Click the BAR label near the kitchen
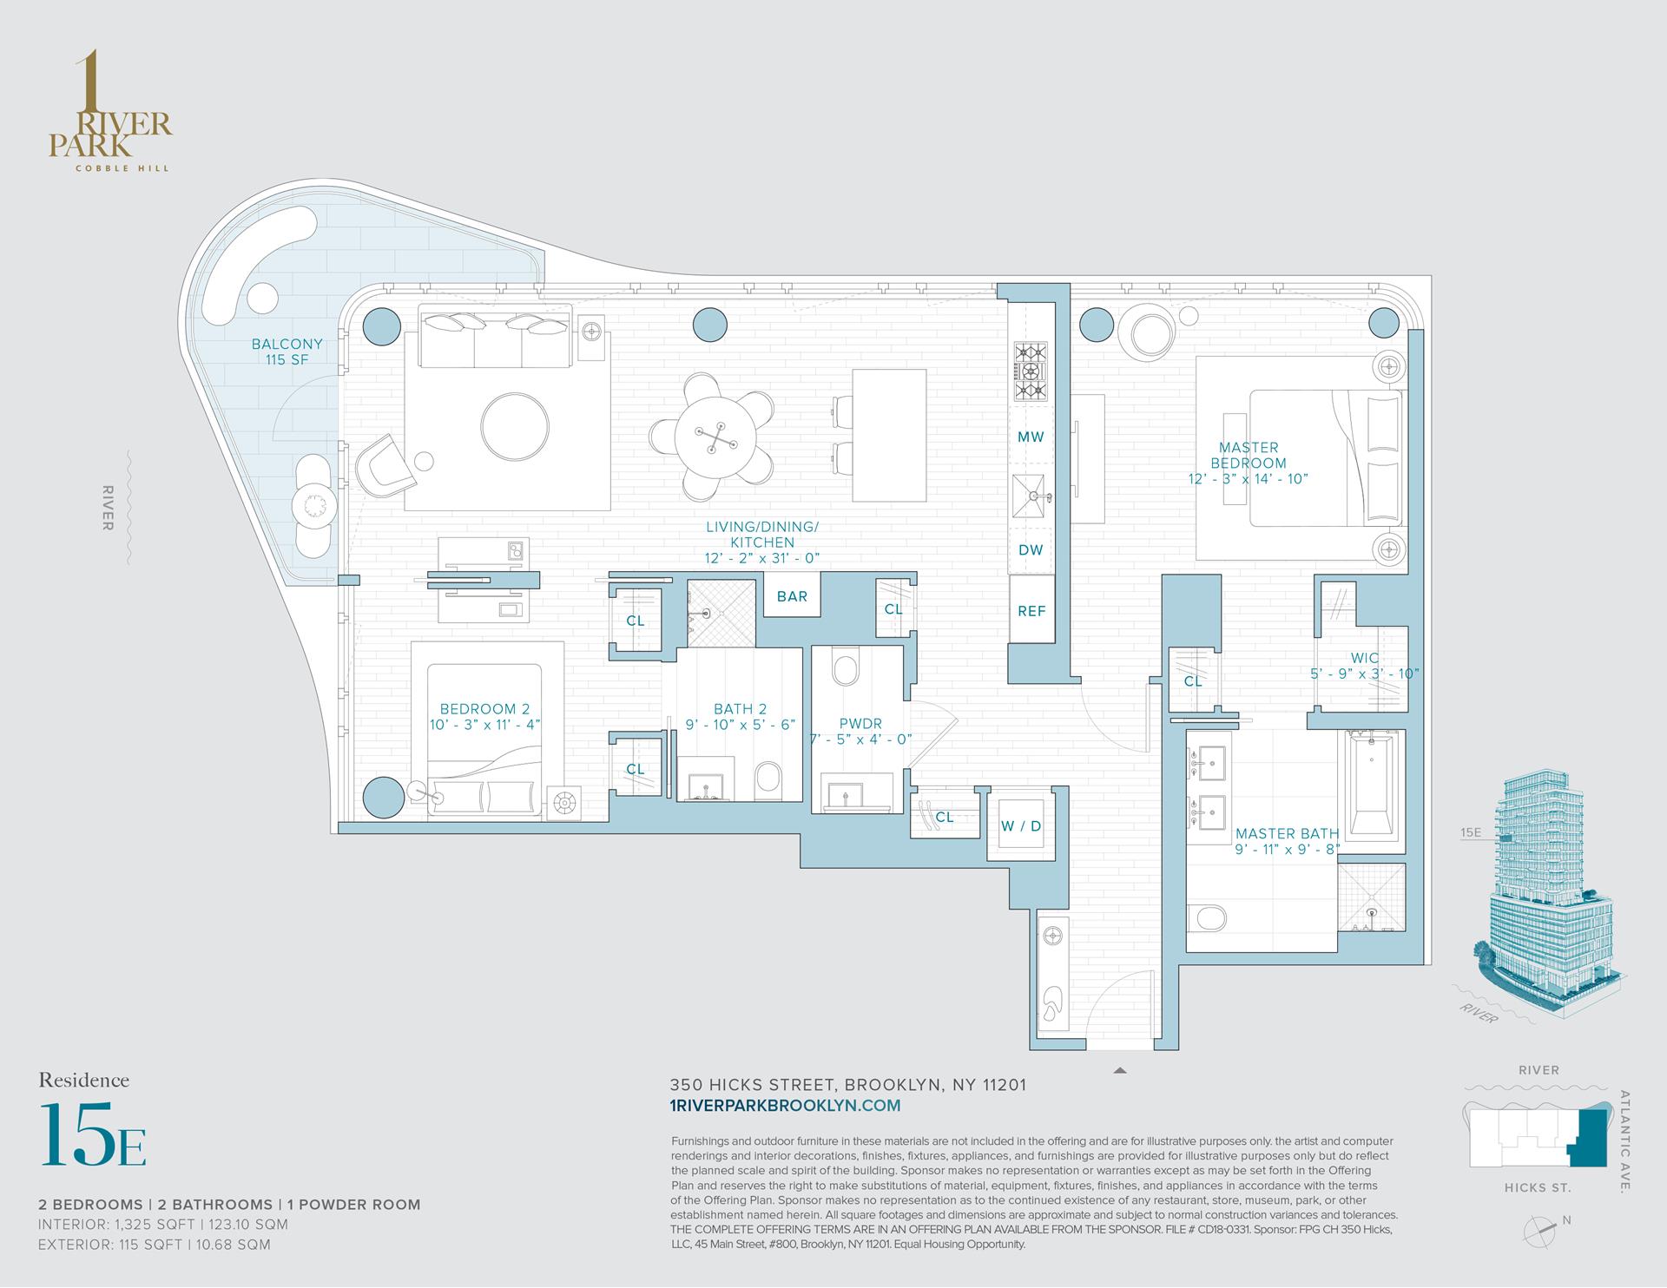(792, 596)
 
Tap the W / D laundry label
(1021, 825)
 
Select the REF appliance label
(1031, 611)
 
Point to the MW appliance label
(1031, 437)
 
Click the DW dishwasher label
(1031, 549)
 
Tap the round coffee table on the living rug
(515, 427)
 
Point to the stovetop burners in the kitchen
(1031, 371)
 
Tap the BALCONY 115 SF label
(287, 352)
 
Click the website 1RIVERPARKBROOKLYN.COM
(785, 1105)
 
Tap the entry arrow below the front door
(1120, 1070)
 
